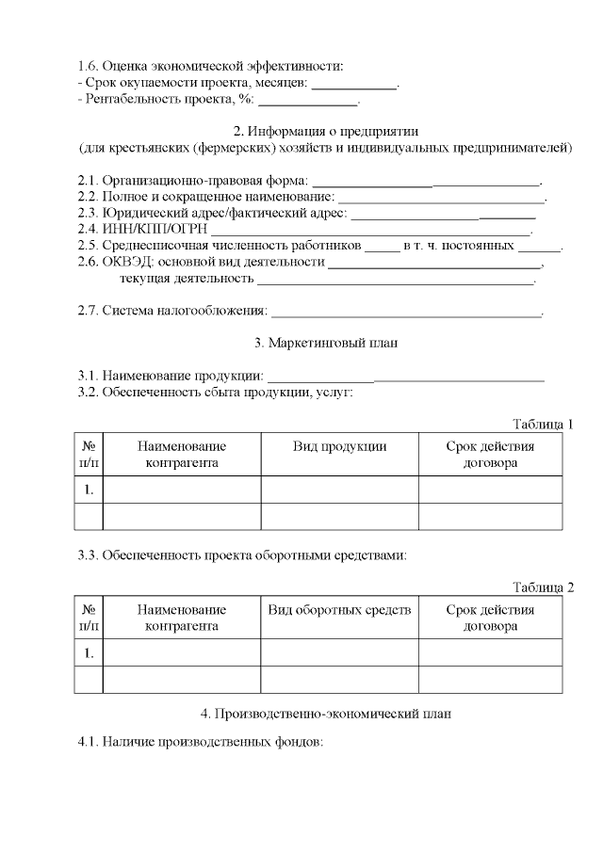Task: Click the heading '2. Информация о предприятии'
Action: click(x=325, y=131)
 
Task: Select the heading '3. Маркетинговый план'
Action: click(x=325, y=343)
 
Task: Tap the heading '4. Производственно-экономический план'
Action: click(x=325, y=714)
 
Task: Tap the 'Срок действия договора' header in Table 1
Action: click(x=490, y=455)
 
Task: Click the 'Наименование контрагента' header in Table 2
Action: click(x=182, y=619)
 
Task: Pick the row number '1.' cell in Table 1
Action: click(x=88, y=490)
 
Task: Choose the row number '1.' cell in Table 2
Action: click(x=88, y=652)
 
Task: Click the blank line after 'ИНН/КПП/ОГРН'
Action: click(x=370, y=231)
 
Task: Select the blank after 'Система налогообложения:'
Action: click(x=406, y=313)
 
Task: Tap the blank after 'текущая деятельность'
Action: click(x=396, y=281)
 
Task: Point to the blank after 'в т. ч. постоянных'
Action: click(x=539, y=248)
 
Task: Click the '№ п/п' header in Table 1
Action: click(x=88, y=455)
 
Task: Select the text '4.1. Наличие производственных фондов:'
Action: click(x=200, y=743)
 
